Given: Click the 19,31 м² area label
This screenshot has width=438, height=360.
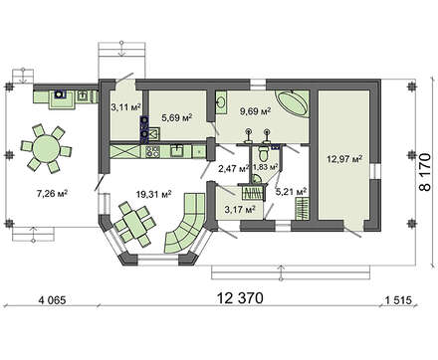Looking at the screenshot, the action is pyautogui.click(x=153, y=194).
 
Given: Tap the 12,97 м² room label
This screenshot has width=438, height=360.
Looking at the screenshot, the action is pyautogui.click(x=344, y=159).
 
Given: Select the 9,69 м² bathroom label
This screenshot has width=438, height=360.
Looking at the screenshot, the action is pyautogui.click(x=255, y=110).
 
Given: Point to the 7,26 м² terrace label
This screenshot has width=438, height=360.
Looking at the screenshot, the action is pyautogui.click(x=52, y=194).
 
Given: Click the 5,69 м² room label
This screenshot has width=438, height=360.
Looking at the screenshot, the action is pyautogui.click(x=177, y=117).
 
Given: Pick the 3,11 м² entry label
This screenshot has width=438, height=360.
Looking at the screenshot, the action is pyautogui.click(x=125, y=107).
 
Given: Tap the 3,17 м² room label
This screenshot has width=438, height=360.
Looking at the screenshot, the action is pyautogui.click(x=240, y=210).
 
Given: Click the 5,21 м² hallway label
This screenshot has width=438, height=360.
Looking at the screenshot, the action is pyautogui.click(x=291, y=191).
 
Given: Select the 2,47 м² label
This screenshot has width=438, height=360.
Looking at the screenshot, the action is pyautogui.click(x=234, y=169).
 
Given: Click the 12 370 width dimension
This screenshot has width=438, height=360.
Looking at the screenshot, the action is pyautogui.click(x=240, y=298).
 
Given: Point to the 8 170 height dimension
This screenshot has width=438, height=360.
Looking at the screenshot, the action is pyautogui.click(x=425, y=172).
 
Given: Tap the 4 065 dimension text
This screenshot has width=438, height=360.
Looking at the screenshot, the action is pyautogui.click(x=53, y=300).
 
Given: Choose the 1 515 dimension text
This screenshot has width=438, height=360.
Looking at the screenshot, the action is pyautogui.click(x=398, y=300).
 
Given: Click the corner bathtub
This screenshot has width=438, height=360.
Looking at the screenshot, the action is pyautogui.click(x=293, y=102).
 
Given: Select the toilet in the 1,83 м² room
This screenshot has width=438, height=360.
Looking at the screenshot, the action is pyautogui.click(x=264, y=153).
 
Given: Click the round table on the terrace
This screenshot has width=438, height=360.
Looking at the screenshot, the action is pyautogui.click(x=46, y=149).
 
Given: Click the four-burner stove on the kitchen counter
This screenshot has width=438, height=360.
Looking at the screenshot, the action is pyautogui.click(x=152, y=152).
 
